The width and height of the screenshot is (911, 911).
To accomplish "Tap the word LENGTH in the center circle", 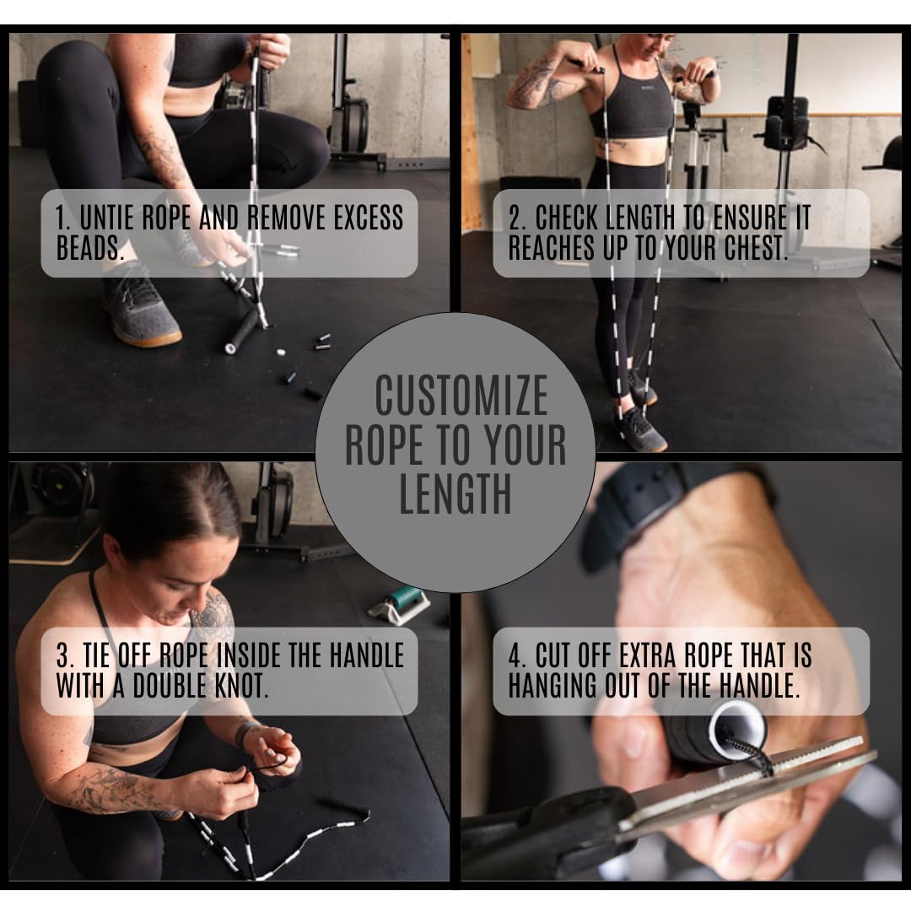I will click(x=455, y=495).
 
